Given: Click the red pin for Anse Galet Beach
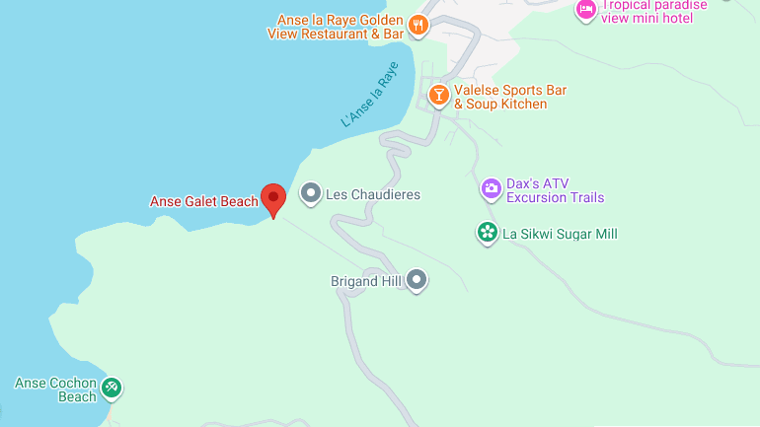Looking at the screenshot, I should pyautogui.click(x=272, y=198).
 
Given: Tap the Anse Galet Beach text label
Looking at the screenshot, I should pyautogui.click(x=203, y=202).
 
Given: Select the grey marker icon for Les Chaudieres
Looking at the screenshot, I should pyautogui.click(x=311, y=193).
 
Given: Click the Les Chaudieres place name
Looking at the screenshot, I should pyautogui.click(x=373, y=194).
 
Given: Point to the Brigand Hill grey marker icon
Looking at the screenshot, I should pyautogui.click(x=418, y=281).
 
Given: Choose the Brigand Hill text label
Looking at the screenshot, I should pyautogui.click(x=367, y=281).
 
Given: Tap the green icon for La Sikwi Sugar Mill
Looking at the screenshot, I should pyautogui.click(x=487, y=234).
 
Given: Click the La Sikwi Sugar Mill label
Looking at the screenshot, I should pyautogui.click(x=560, y=234).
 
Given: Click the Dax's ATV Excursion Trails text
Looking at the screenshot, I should pyautogui.click(x=555, y=190).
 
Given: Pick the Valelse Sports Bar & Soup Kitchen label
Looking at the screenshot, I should pyautogui.click(x=510, y=97).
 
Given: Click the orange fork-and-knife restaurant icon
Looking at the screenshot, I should pyautogui.click(x=418, y=27).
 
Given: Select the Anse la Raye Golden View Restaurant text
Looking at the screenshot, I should pyautogui.click(x=336, y=27).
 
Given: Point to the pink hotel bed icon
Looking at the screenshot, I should pyautogui.click(x=586, y=10).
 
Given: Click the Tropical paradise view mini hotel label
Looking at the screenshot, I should pyautogui.click(x=654, y=10).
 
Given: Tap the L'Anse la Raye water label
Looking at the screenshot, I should pyautogui.click(x=371, y=96).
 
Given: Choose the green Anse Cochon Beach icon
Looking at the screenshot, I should pyautogui.click(x=113, y=388).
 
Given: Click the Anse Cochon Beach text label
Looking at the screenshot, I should pyautogui.click(x=55, y=390).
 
